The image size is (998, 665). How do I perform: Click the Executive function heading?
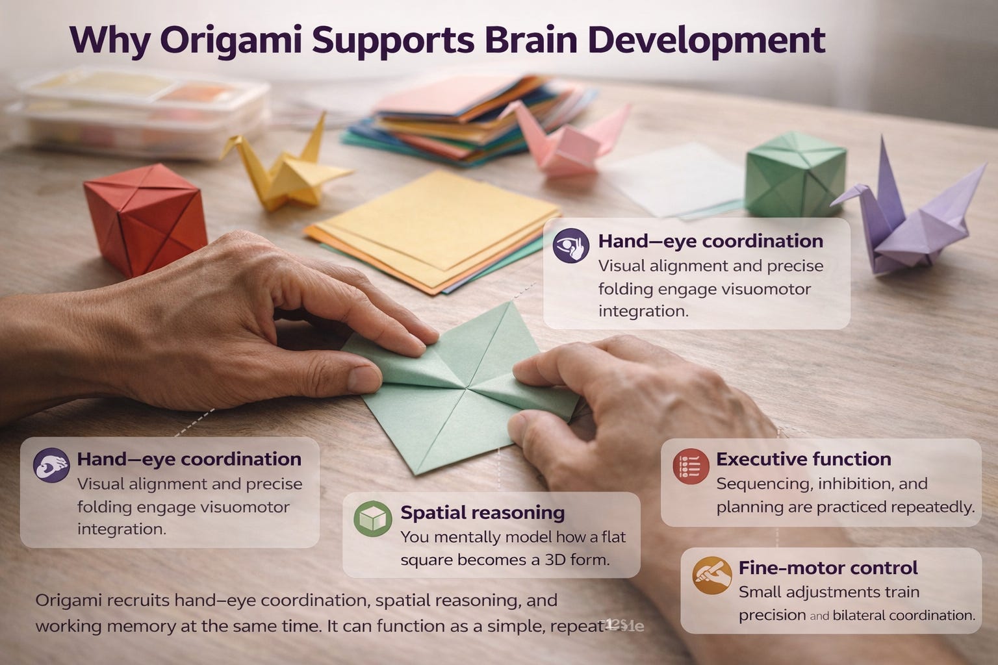click(x=803, y=459)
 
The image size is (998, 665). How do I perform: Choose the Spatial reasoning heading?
click(x=482, y=512)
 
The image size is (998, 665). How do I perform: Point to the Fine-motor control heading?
click(x=828, y=568)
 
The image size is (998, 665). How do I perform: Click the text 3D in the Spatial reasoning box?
click(x=552, y=560)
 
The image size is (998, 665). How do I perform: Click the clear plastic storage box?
click(x=140, y=107)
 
